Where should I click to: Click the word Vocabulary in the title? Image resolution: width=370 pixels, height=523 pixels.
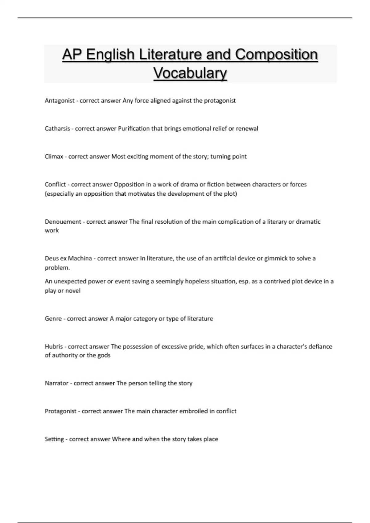point(190,73)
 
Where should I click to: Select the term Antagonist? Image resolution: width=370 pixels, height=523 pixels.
point(60,101)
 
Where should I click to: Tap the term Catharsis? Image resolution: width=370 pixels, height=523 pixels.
point(57,129)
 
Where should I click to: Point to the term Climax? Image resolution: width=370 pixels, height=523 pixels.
point(54,157)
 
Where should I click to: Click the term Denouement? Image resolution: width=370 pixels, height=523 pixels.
point(63,222)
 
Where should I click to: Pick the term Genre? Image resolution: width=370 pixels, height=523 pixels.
point(53,319)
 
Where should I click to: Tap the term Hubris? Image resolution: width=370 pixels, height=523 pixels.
point(54,347)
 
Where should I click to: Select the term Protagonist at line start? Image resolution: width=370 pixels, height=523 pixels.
point(60,411)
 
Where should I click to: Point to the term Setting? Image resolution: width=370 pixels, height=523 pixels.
point(54,439)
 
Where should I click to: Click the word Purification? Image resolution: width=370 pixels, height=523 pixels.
point(134,129)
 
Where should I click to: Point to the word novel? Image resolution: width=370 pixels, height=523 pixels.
point(73,291)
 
